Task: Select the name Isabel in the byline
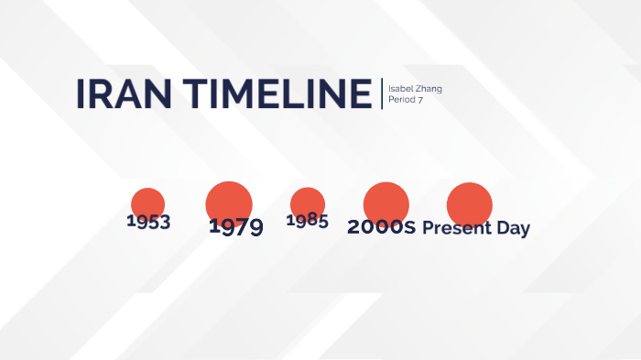pyautogui.click(x=400, y=89)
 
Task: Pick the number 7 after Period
pyautogui.click(x=420, y=99)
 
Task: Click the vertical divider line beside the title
pyautogui.click(x=382, y=93)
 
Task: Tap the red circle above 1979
pyautogui.click(x=229, y=202)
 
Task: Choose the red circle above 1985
pyautogui.click(x=308, y=202)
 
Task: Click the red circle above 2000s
pyautogui.click(x=386, y=203)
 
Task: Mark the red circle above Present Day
pyautogui.click(x=470, y=203)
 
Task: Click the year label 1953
pyautogui.click(x=148, y=222)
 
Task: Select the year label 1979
pyautogui.click(x=235, y=227)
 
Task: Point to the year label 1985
pyautogui.click(x=307, y=221)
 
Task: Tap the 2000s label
pyautogui.click(x=381, y=228)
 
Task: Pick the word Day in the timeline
pyautogui.click(x=513, y=229)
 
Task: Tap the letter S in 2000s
pyautogui.click(x=409, y=229)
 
